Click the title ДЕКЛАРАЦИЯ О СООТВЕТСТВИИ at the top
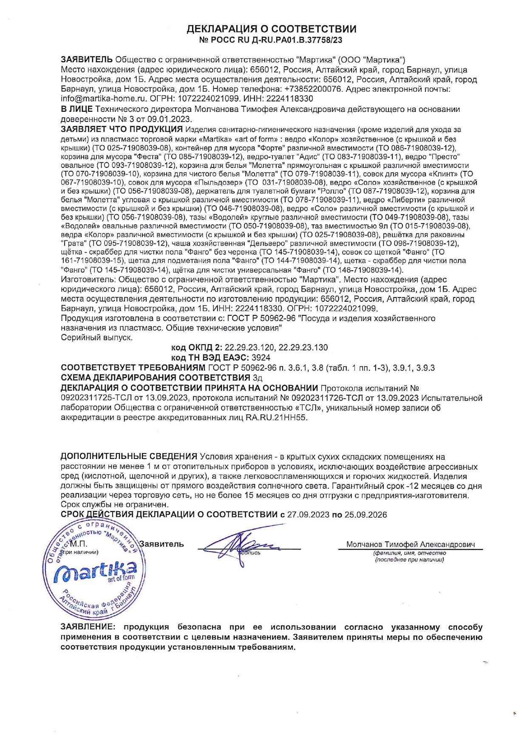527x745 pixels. pos(272,29)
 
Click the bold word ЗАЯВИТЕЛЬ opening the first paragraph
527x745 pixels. pos(87,59)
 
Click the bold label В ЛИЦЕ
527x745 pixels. pos(76,110)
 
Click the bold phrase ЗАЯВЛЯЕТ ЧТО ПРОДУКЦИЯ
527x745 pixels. pos(122,129)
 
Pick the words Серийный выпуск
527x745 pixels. pos(97,338)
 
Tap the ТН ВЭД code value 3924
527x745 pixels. pos(261,358)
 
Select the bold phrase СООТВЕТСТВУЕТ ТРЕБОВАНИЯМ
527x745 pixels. pos(133,368)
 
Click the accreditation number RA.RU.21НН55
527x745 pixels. pos(276,418)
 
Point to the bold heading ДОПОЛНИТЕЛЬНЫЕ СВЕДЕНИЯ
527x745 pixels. pos(129,457)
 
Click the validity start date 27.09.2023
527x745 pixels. pos(308,515)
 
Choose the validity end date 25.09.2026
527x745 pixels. pos(365,515)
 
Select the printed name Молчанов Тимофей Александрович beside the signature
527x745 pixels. pos(411,544)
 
